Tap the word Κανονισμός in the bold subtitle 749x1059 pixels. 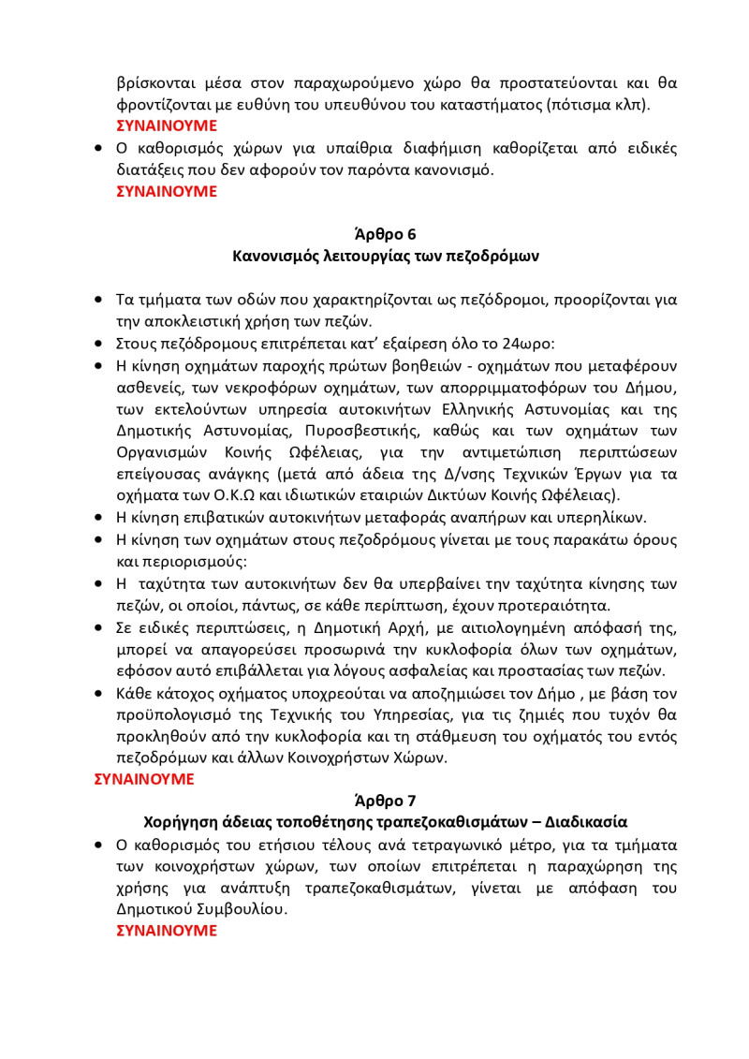(x=277, y=256)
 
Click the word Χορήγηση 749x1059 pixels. (x=180, y=823)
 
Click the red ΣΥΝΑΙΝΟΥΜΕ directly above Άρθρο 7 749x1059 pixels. (x=144, y=779)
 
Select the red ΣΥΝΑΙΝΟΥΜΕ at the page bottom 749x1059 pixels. (x=166, y=931)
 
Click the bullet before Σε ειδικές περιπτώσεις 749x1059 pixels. (x=99, y=627)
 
